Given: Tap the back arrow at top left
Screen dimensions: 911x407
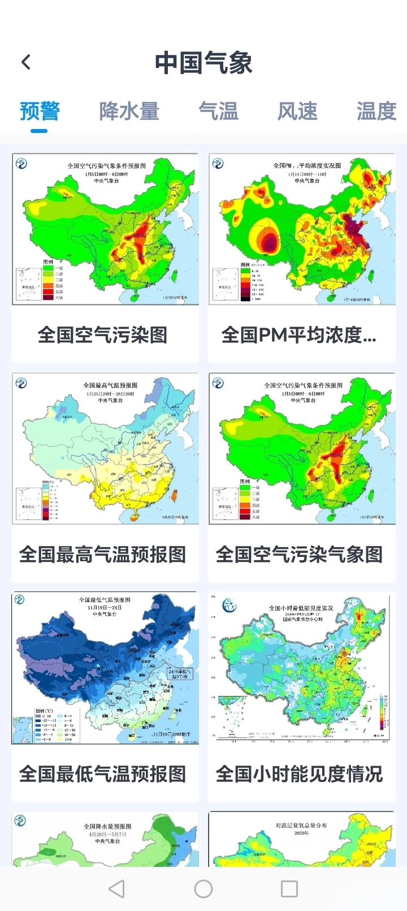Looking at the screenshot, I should click(26, 62).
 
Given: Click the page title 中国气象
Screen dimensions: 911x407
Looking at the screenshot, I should click(203, 62).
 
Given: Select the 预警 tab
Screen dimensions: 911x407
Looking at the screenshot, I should click(39, 111).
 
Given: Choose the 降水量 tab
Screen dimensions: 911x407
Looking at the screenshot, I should click(129, 111).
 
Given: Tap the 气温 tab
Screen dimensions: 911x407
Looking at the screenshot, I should click(218, 111).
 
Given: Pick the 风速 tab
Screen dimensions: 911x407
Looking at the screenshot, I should click(297, 111).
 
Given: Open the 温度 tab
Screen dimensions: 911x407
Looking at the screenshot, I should click(376, 111).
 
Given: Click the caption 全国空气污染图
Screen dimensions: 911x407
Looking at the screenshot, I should click(103, 334).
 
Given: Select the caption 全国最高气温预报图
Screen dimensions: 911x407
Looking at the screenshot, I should click(103, 554).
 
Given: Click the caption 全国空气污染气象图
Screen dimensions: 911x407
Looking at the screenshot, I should click(300, 554).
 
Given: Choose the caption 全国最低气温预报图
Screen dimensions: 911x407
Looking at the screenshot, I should click(103, 774).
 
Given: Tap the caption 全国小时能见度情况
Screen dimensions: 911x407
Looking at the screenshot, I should click(300, 774).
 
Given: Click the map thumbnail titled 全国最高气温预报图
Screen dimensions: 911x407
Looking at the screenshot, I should click(105, 449).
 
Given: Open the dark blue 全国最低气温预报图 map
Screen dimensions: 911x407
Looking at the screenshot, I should click(105, 668).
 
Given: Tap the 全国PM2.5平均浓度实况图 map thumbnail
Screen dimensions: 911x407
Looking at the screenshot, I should click(302, 229).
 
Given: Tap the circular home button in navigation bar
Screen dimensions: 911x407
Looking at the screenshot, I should click(203, 888).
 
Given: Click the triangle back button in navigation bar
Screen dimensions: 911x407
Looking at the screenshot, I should click(116, 888).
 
